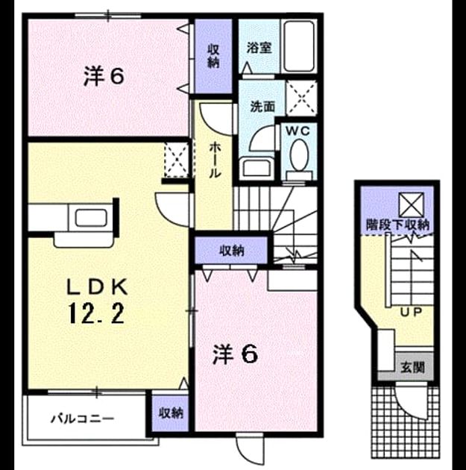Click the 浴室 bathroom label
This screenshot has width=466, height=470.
(x=259, y=48)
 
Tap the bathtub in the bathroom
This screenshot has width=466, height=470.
(x=299, y=46)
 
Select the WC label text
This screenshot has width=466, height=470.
(x=297, y=131)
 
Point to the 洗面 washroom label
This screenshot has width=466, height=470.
(x=262, y=106)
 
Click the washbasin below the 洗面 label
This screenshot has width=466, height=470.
(x=256, y=168)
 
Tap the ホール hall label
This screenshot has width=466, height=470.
(x=215, y=160)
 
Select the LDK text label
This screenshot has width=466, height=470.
(x=97, y=287)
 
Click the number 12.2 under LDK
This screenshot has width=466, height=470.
(x=96, y=313)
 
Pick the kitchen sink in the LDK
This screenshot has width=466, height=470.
(x=91, y=218)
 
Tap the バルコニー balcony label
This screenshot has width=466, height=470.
(x=83, y=418)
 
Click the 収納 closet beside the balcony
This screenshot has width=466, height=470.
(x=171, y=413)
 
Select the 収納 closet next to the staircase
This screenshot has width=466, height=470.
(x=231, y=250)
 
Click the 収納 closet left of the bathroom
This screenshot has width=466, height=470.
(x=213, y=56)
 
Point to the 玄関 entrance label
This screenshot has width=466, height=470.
(x=413, y=367)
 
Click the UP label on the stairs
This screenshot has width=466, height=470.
(x=411, y=313)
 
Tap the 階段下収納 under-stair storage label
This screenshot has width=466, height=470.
(x=397, y=225)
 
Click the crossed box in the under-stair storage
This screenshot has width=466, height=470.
(x=412, y=204)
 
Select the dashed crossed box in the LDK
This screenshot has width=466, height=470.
(x=177, y=160)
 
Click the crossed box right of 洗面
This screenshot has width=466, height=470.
(x=301, y=98)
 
